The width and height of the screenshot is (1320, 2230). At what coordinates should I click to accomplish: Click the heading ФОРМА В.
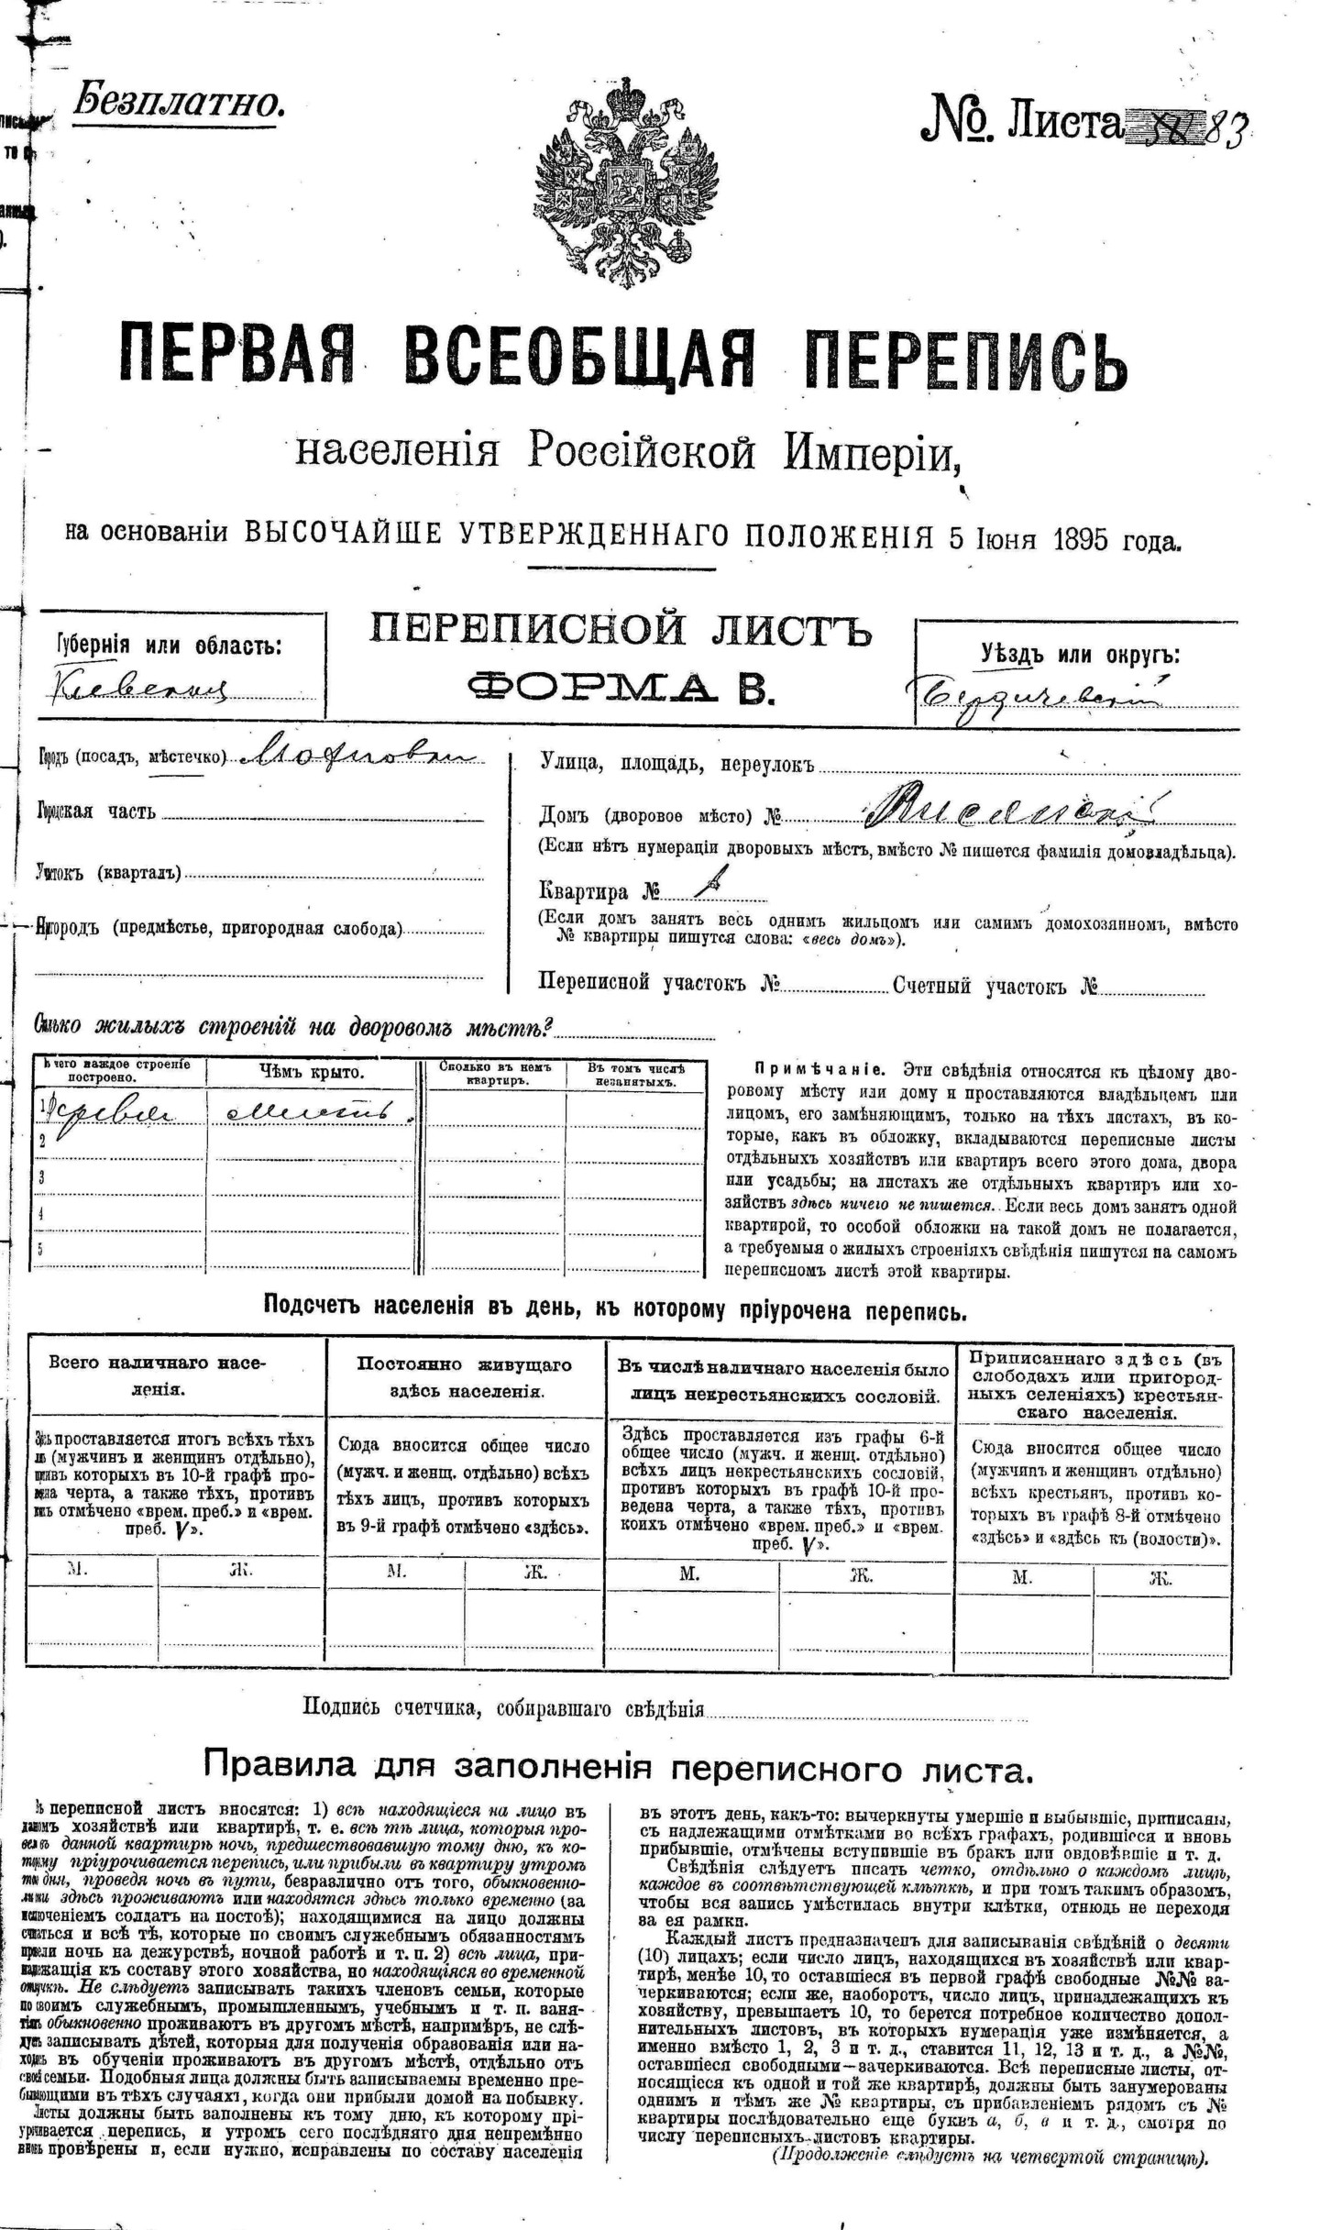coord(621,684)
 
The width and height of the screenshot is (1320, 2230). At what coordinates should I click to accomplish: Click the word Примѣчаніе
coord(819,1070)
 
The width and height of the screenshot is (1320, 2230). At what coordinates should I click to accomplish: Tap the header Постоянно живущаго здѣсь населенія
coord(465,1377)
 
